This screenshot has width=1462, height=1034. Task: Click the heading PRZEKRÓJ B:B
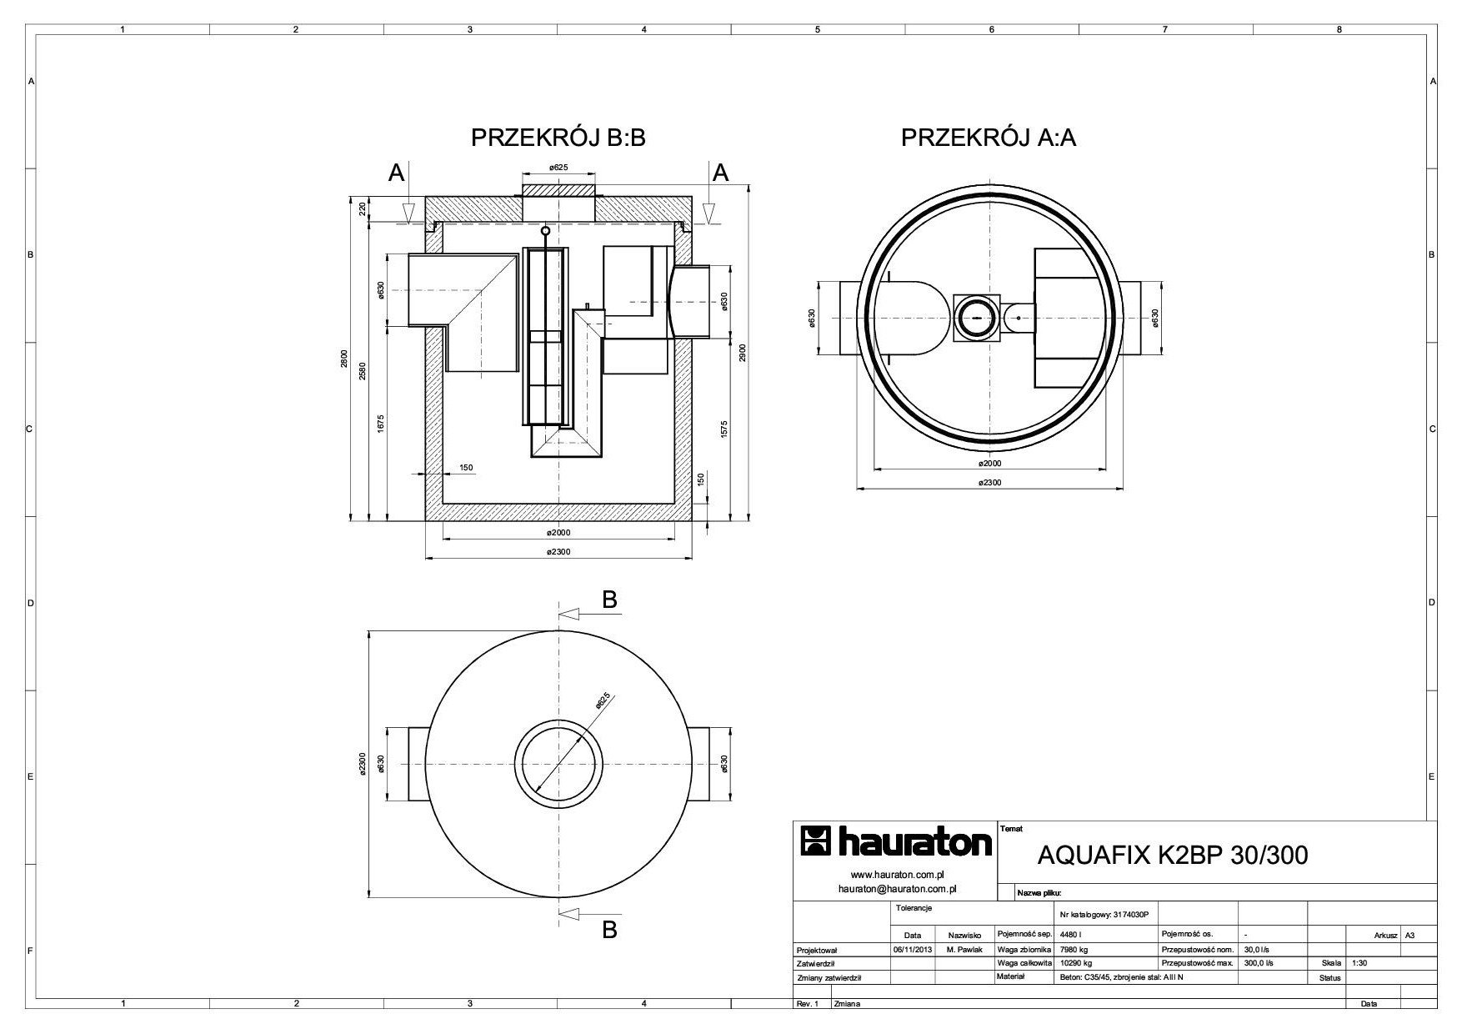pyautogui.click(x=558, y=138)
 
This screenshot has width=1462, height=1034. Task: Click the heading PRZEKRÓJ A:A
pyautogui.click(x=989, y=138)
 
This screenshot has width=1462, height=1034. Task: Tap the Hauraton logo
pyautogui.click(x=896, y=842)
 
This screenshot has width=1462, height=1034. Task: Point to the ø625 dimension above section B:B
pyautogui.click(x=558, y=168)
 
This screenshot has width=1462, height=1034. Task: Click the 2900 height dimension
pyautogui.click(x=742, y=353)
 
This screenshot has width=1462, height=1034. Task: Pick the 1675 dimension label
pyautogui.click(x=380, y=423)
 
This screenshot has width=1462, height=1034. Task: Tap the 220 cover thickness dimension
pyautogui.click(x=363, y=209)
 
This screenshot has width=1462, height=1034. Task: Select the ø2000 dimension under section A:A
pyautogui.click(x=989, y=463)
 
